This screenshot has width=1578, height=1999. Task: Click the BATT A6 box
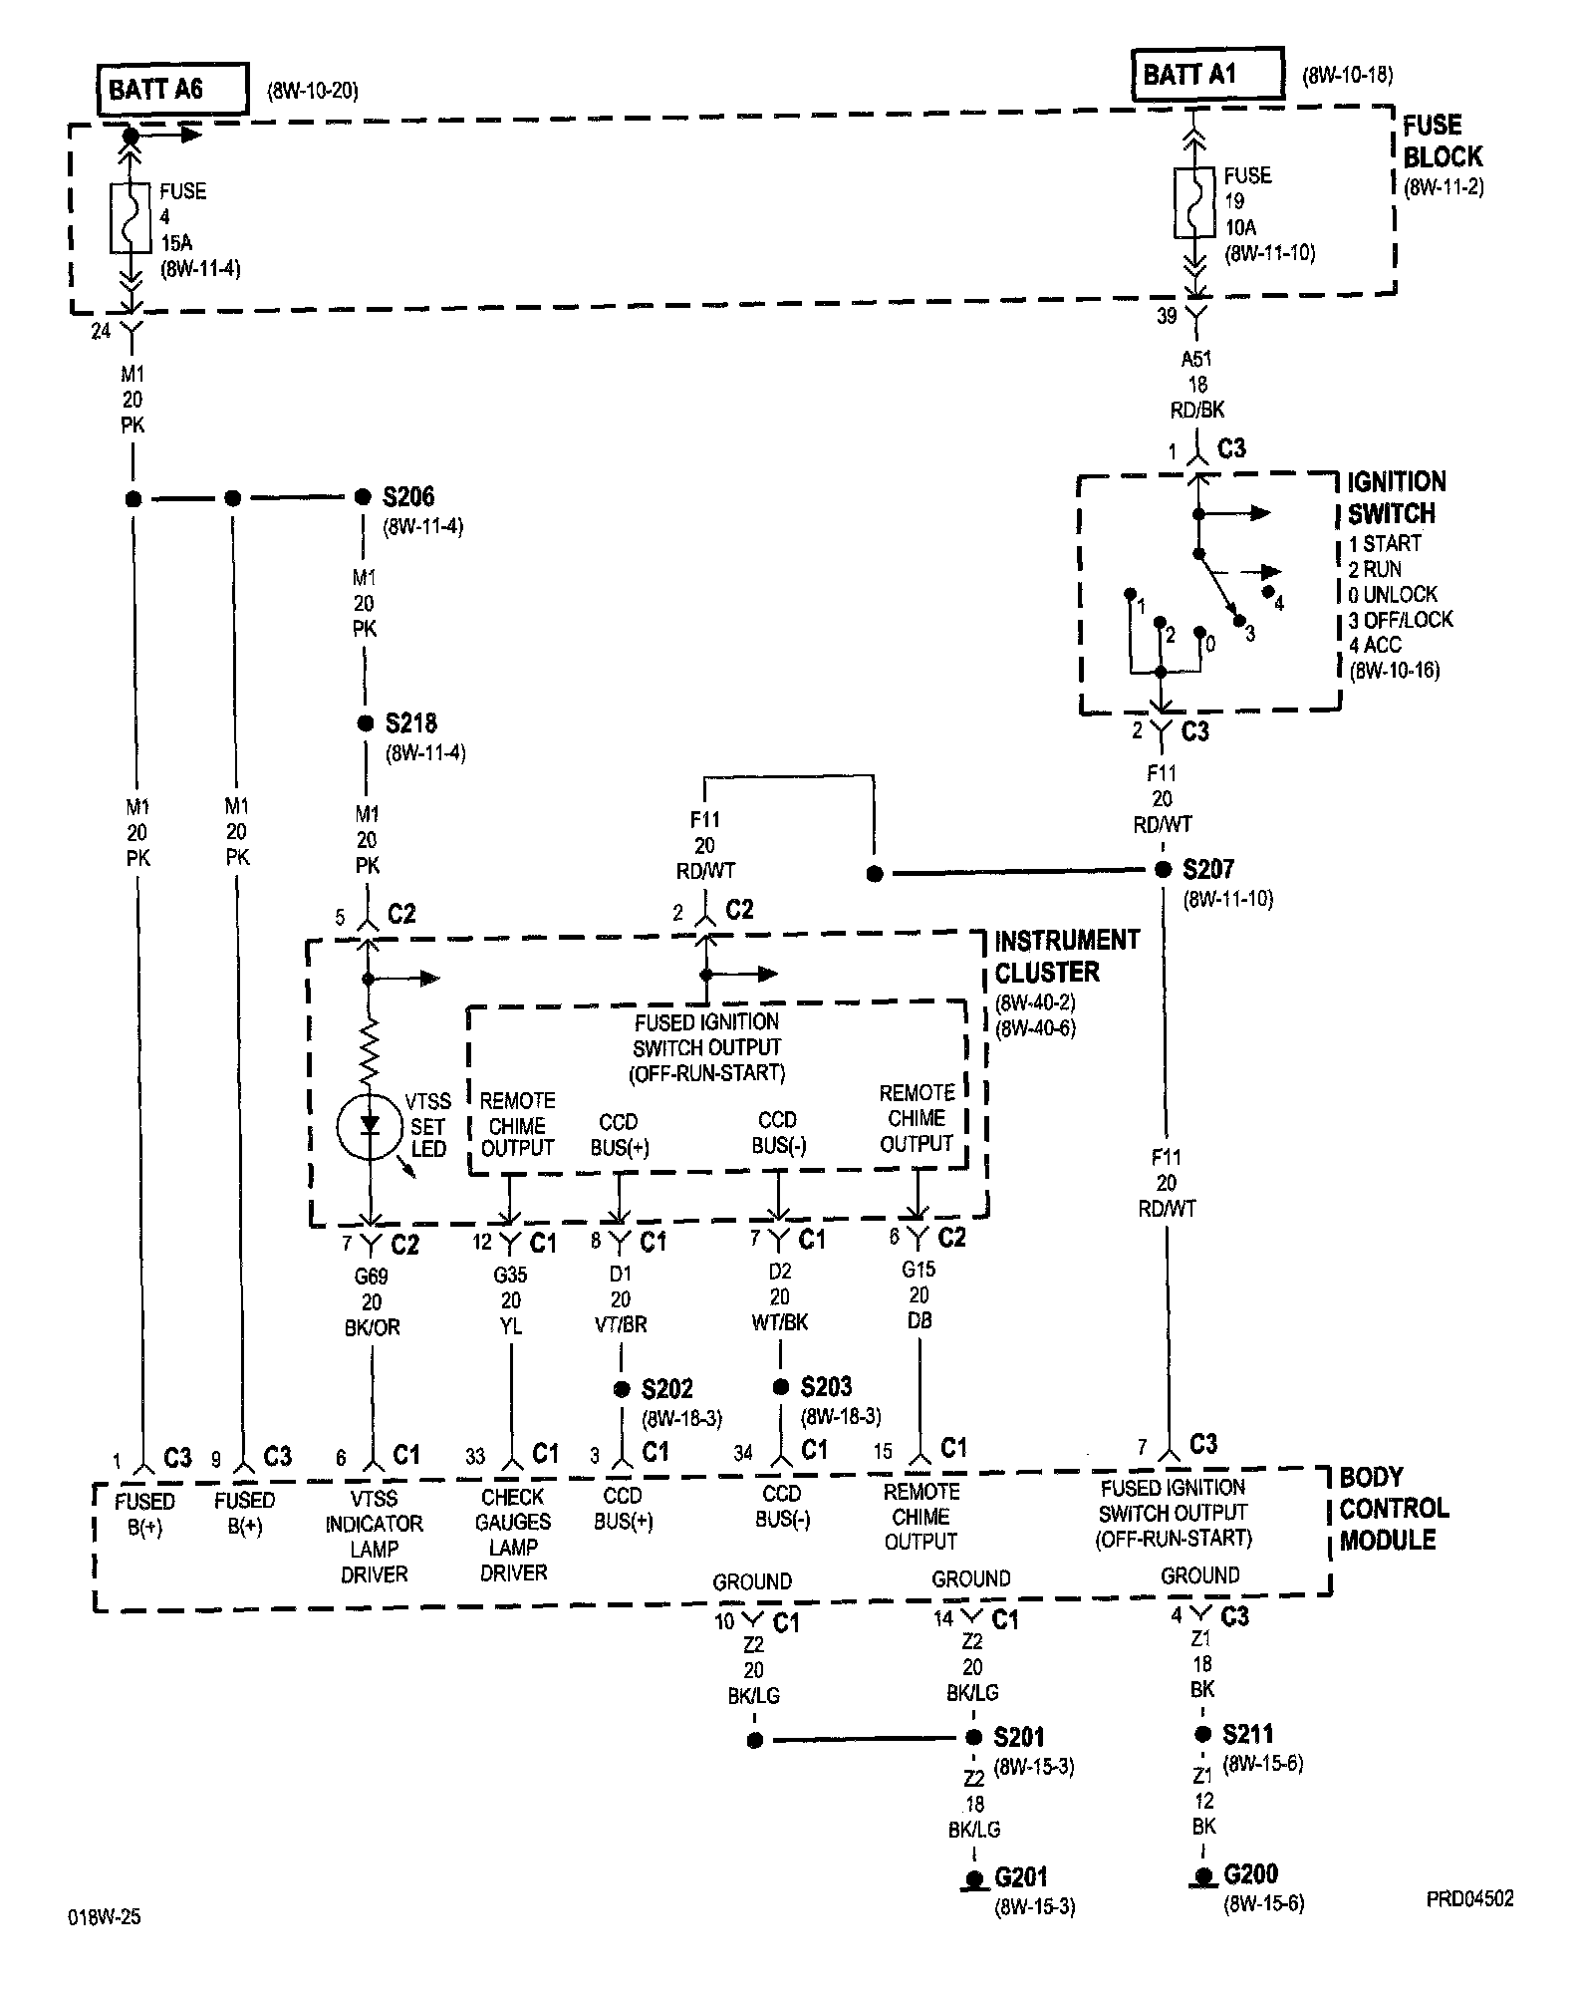click(171, 91)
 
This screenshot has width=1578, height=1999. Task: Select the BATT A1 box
click(1206, 75)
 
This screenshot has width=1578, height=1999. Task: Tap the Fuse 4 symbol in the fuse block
click(131, 216)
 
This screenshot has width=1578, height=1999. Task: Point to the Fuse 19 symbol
click(1194, 202)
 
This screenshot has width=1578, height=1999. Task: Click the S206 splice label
click(408, 496)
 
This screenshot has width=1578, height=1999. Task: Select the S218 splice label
click(410, 723)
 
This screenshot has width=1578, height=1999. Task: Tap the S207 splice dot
click(1163, 870)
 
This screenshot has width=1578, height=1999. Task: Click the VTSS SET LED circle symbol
click(371, 1127)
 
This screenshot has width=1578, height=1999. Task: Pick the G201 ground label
click(1021, 1878)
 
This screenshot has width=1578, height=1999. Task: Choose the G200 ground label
click(1250, 1874)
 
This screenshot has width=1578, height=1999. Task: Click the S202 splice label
click(666, 1389)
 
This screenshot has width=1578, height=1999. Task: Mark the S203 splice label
click(826, 1387)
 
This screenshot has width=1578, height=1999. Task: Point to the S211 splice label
click(1247, 1734)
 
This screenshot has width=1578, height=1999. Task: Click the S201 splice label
click(1018, 1737)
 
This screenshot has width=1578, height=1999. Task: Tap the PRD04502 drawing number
click(1468, 1899)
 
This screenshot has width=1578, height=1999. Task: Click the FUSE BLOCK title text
click(1442, 142)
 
